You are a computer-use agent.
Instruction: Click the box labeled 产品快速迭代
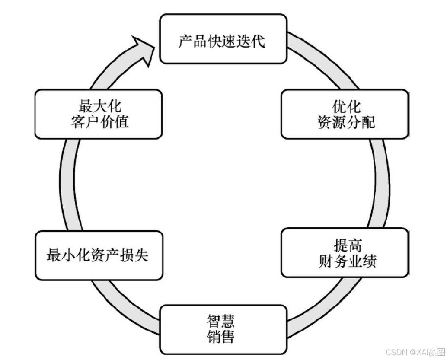(x=223, y=38)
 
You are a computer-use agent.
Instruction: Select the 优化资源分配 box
(x=345, y=114)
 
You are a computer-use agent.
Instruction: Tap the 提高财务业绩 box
(x=345, y=253)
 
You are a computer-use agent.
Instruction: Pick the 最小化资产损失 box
(x=99, y=255)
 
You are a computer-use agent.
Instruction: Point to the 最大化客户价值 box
(x=99, y=114)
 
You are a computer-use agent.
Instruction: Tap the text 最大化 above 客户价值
(x=99, y=106)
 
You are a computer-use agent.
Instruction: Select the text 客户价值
(x=99, y=122)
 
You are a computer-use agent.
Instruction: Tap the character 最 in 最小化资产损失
(x=53, y=255)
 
